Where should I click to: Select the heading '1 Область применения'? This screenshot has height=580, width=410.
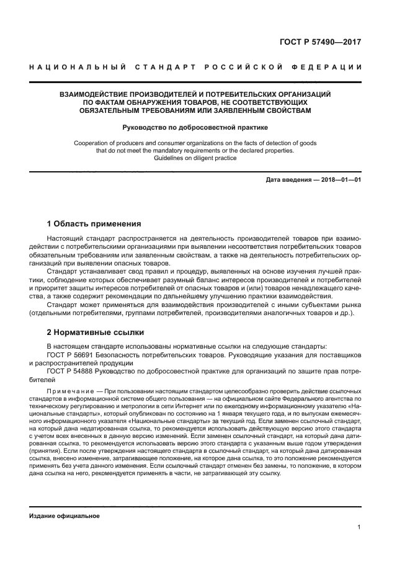tap(94, 223)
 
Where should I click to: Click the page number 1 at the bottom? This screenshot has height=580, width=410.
tap(359, 527)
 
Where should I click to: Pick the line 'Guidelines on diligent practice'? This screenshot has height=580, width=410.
tap(195, 158)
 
